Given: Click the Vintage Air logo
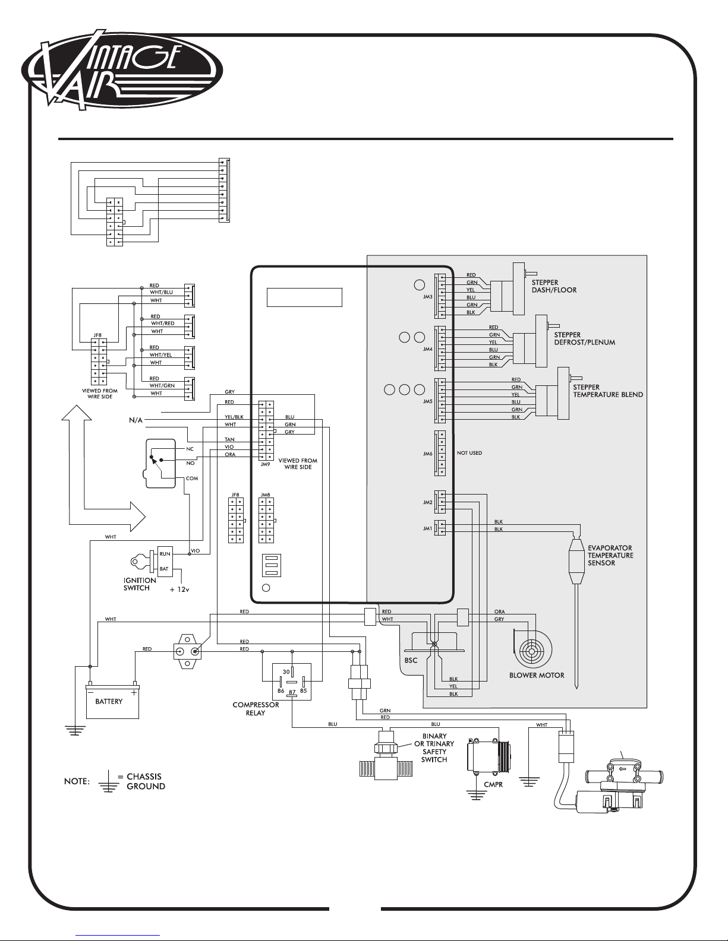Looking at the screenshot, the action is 122,70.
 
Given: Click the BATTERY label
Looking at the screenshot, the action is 109,702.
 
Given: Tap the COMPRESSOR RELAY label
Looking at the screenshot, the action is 256,709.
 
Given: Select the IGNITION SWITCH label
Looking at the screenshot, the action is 140,584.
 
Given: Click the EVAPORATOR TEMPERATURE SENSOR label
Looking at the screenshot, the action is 610,556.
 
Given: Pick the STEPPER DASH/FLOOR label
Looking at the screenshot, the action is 554,286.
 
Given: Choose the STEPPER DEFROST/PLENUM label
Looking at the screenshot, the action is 585,338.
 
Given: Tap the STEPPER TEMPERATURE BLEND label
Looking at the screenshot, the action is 608,391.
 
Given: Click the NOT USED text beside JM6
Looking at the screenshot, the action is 469,453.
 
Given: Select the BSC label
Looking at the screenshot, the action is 411,660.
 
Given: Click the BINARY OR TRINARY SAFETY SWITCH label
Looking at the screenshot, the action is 434,748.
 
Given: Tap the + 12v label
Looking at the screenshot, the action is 179,590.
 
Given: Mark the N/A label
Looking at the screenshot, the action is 135,420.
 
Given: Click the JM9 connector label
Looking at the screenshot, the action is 265,465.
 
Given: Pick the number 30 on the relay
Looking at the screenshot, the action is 286,672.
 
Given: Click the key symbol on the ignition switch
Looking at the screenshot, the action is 140,562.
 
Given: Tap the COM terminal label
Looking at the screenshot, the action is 192,479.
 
